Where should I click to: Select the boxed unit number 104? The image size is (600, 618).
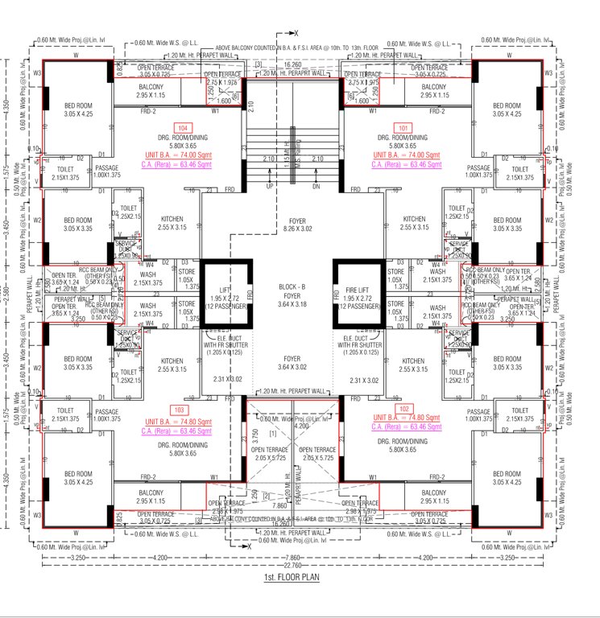click(184, 128)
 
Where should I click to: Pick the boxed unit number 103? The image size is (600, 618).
click(180, 410)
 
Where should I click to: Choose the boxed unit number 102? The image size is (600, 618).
click(408, 408)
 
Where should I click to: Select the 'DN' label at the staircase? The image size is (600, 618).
click(315, 185)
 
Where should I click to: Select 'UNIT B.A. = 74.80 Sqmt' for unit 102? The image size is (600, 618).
click(407, 419)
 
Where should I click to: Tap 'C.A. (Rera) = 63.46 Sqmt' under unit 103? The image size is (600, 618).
click(180, 431)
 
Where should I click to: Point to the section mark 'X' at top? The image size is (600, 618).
click(295, 32)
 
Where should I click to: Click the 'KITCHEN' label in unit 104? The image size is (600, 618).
click(172, 219)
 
